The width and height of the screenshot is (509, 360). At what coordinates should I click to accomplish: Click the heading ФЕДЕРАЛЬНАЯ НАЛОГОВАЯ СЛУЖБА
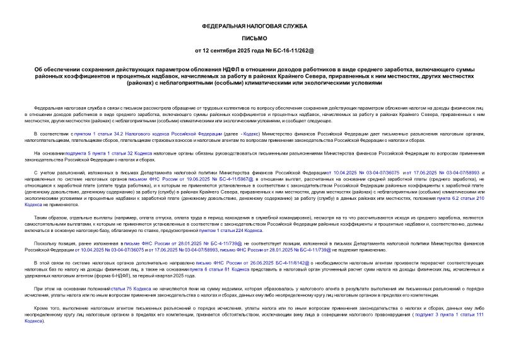(x=254, y=26)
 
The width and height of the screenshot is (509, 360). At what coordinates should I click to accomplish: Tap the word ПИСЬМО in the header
(x=254, y=38)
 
